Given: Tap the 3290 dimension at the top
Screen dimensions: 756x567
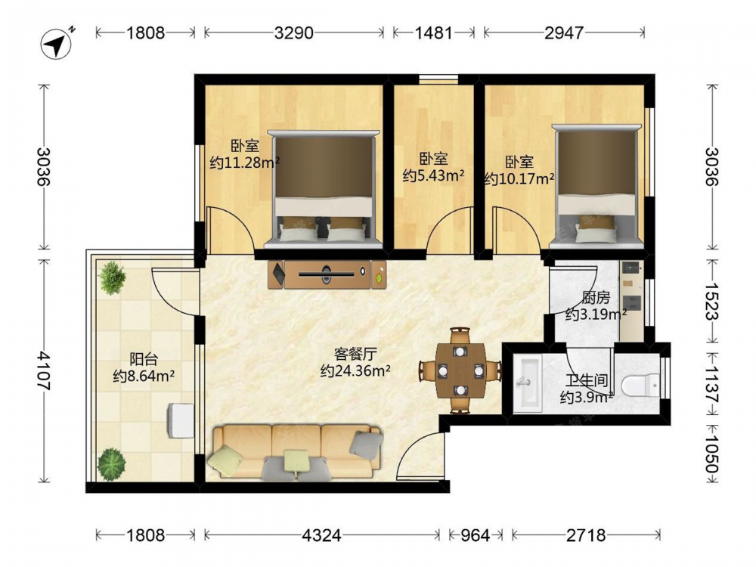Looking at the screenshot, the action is click(x=293, y=33).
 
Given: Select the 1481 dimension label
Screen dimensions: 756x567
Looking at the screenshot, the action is click(x=433, y=33).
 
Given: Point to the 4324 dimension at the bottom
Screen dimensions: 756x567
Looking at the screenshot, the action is click(x=321, y=535).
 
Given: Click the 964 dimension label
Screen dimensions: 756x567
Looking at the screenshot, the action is click(x=475, y=535).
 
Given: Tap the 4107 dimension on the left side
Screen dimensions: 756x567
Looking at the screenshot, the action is click(x=44, y=370).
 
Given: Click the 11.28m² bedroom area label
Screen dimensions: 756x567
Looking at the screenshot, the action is click(x=245, y=163).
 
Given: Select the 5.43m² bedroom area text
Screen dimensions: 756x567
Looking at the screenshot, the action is click(x=433, y=175).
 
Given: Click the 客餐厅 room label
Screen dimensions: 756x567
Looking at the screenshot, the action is click(x=355, y=355).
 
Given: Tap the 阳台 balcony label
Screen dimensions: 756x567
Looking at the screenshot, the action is click(x=144, y=359).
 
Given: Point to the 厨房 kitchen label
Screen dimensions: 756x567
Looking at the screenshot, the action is click(x=596, y=298).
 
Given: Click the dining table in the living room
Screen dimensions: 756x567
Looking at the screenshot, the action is click(x=460, y=370).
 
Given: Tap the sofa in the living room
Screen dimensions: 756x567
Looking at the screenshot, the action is click(x=295, y=452).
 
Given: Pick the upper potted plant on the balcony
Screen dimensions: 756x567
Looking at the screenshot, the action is click(x=112, y=277).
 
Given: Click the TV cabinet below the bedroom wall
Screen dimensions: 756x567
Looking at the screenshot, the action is click(x=327, y=274).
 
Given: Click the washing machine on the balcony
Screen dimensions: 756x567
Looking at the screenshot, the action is click(x=181, y=420).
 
